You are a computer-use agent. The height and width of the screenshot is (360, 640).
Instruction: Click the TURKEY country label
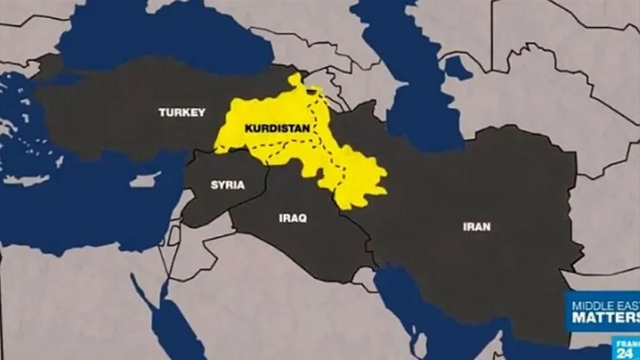point(181,113)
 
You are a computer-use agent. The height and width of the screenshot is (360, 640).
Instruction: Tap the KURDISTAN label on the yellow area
point(270,129)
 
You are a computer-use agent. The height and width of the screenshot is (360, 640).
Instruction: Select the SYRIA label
point(228,185)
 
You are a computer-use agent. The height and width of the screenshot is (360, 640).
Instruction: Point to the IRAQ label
point(293,218)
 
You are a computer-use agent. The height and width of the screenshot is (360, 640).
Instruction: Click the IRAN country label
point(476,227)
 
